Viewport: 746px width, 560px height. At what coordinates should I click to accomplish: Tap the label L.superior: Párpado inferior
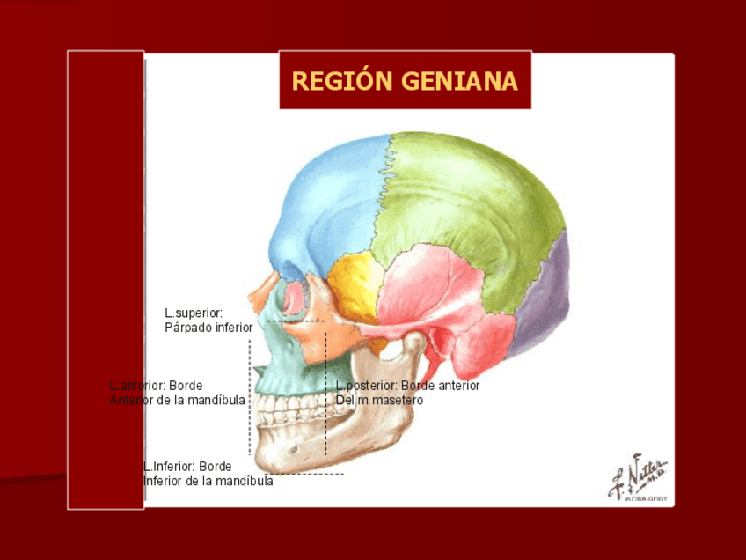click(x=208, y=320)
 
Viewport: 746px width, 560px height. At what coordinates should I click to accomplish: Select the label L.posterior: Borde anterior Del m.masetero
click(x=407, y=393)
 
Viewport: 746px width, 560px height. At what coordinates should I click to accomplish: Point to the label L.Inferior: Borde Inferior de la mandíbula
click(x=208, y=474)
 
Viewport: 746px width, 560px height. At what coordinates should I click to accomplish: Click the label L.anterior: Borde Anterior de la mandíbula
click(x=177, y=393)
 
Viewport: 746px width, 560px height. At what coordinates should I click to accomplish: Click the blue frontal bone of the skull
click(x=330, y=203)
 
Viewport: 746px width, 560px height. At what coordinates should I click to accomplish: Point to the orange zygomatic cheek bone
click(x=312, y=339)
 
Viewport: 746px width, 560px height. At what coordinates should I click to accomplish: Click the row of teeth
click(x=282, y=407)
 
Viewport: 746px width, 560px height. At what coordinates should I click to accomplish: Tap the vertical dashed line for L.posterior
click(x=326, y=396)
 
